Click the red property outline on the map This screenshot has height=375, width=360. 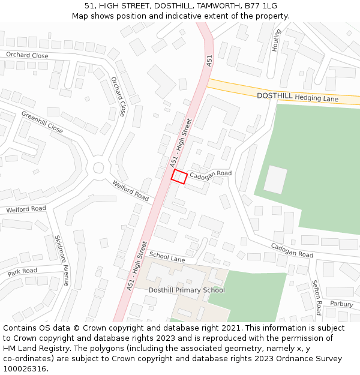179,176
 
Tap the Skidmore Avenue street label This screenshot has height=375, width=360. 62,260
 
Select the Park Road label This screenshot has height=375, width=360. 22,272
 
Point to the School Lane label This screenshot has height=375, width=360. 167,257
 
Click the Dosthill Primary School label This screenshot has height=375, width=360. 187,290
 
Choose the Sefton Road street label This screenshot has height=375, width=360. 316,298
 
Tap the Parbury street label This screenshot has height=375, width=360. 341,304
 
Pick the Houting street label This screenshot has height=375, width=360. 277,40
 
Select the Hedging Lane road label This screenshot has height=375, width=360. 316,98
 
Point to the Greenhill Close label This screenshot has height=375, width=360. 42,122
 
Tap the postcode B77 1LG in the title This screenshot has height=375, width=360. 262,6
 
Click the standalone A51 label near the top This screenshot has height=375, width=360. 209,61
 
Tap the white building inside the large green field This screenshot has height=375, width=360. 275,179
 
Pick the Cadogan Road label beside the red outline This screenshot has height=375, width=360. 211,174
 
